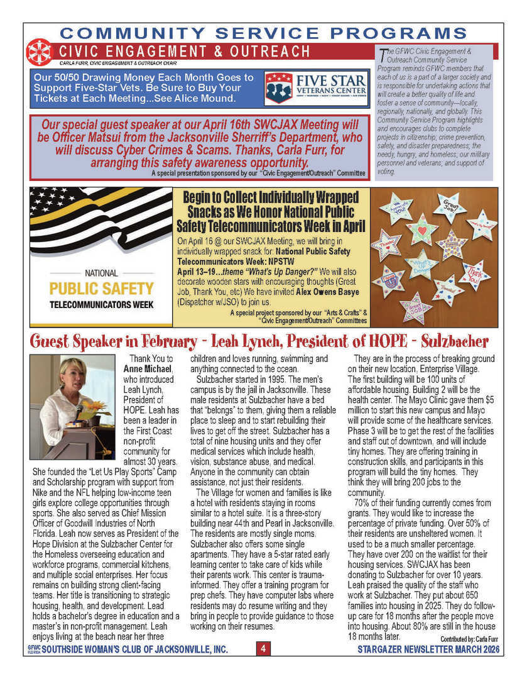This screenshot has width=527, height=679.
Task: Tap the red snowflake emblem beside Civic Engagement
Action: (x=38, y=53)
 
